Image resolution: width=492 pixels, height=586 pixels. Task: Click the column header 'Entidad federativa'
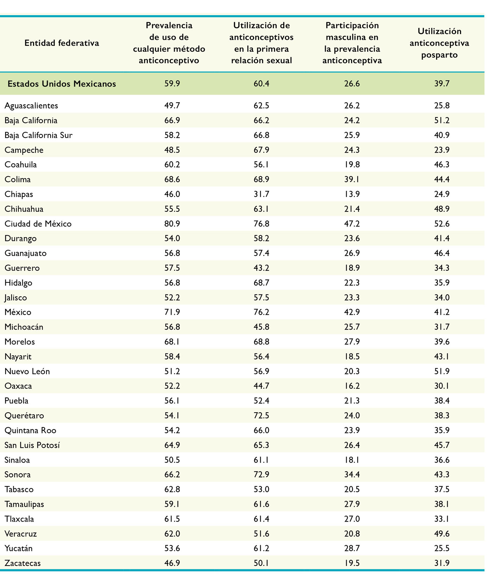[x=62, y=43]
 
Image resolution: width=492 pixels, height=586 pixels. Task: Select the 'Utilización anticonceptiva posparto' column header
[x=439, y=43]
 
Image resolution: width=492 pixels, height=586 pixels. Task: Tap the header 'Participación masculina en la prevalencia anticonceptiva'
[x=352, y=43]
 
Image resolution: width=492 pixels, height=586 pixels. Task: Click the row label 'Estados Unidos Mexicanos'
[x=62, y=84]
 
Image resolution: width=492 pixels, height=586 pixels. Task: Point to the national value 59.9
[x=172, y=84]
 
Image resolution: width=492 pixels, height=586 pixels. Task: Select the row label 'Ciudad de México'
[x=38, y=224]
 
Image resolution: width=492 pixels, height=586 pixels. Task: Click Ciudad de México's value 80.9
[x=172, y=224]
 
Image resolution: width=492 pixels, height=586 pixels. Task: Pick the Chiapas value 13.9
[x=352, y=194]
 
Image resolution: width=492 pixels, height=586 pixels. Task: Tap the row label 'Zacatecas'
[x=22, y=563]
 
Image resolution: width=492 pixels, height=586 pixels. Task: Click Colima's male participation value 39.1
[x=352, y=179]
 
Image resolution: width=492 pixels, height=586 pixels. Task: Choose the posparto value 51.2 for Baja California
[x=442, y=120]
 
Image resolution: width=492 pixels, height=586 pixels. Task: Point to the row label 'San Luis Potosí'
[x=32, y=445]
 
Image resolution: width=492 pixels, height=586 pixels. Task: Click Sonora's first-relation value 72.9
[x=261, y=474]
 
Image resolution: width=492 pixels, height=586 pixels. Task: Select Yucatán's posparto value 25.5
[x=442, y=548]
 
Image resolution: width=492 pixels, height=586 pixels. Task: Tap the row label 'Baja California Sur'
[x=39, y=135]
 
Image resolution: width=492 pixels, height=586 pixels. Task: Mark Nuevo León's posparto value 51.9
[x=442, y=371]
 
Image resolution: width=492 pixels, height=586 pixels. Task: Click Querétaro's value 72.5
[x=261, y=415]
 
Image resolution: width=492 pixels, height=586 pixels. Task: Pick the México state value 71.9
[x=172, y=312]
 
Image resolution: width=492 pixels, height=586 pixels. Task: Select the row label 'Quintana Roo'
[x=30, y=430]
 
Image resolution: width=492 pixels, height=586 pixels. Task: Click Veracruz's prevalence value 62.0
[x=172, y=534]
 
